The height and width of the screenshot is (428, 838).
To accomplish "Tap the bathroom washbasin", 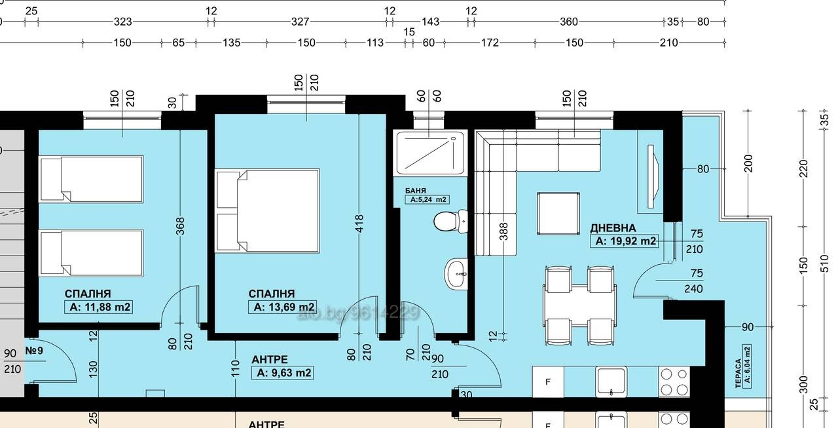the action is point(456,274).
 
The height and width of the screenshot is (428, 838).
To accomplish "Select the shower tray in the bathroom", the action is point(431,153).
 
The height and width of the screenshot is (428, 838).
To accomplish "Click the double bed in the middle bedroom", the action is point(267,211).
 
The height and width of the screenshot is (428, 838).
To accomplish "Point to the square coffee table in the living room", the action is point(558,214).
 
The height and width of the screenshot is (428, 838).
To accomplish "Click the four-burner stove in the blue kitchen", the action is point(674,382).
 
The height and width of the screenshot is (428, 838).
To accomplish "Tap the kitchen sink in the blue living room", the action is point(611,382).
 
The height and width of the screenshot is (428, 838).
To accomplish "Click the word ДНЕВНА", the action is point(613,228).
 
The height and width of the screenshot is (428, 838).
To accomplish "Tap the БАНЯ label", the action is point(416,191).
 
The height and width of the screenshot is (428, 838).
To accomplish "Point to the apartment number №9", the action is point(34,351).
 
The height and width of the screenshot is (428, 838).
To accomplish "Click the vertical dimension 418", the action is point(359,224).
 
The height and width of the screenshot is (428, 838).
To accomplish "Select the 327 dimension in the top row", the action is point(301,22).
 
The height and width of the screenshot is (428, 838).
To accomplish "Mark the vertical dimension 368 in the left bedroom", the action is point(180,226).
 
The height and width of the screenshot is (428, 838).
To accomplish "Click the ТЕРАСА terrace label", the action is point(738,374).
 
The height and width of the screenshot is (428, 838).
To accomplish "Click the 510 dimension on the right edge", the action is point(824,264).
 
